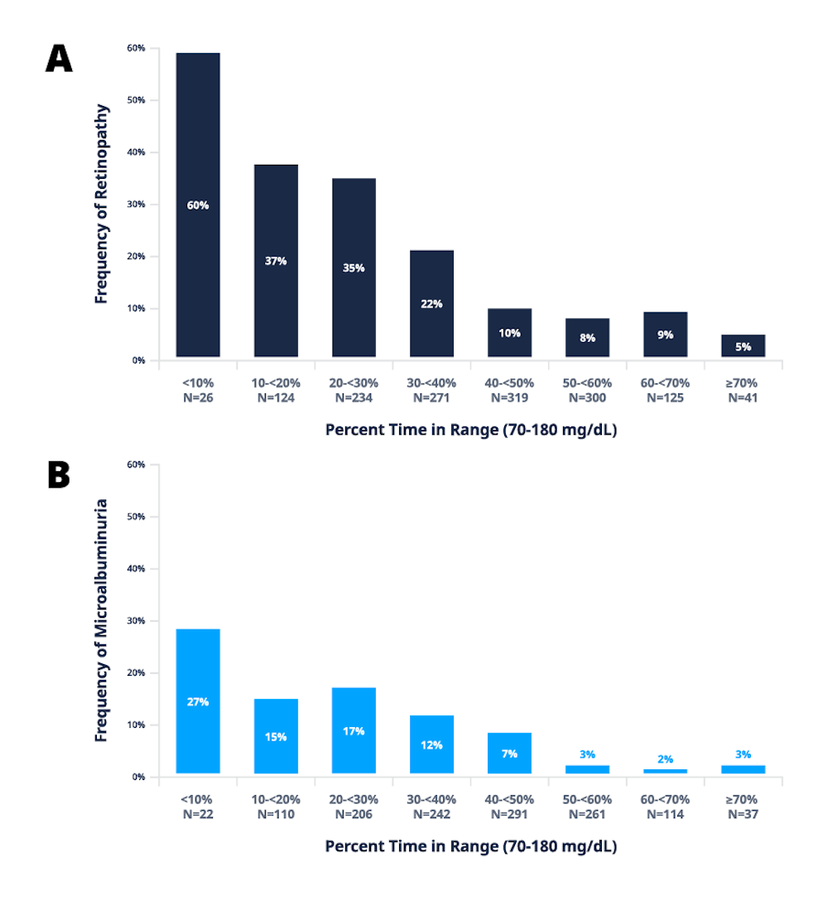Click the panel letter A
tap(59, 59)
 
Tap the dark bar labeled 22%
tap(432, 303)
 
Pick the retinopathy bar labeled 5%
tap(743, 345)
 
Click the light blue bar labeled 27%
tap(198, 701)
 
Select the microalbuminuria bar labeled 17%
tap(354, 730)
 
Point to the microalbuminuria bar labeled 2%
tap(665, 770)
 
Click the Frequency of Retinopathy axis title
tap(101, 204)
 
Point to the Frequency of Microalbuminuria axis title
tap(101, 619)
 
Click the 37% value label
tap(276, 261)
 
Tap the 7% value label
tap(510, 754)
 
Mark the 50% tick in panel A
tap(136, 100)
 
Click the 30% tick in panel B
tap(136, 621)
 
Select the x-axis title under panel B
tap(470, 846)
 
